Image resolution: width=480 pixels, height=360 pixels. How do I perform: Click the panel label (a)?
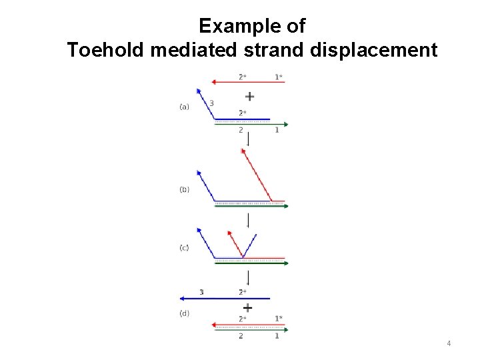[184, 106]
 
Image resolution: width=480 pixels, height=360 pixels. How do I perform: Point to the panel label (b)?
[184, 189]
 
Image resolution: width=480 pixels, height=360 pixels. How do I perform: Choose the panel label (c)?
[184, 247]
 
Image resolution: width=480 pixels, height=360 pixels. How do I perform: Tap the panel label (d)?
[184, 313]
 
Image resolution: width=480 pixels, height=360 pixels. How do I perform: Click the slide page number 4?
[449, 343]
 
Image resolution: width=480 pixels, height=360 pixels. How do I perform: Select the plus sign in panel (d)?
[248, 307]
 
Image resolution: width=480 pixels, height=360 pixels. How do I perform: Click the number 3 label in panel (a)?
[211, 103]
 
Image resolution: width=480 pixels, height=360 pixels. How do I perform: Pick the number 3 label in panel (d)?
[201, 292]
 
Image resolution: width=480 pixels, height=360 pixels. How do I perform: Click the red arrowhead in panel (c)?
[230, 234]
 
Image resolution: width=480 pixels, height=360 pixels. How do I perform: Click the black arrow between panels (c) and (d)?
[248, 277]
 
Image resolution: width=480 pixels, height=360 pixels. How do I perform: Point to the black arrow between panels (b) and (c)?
[248, 221]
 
